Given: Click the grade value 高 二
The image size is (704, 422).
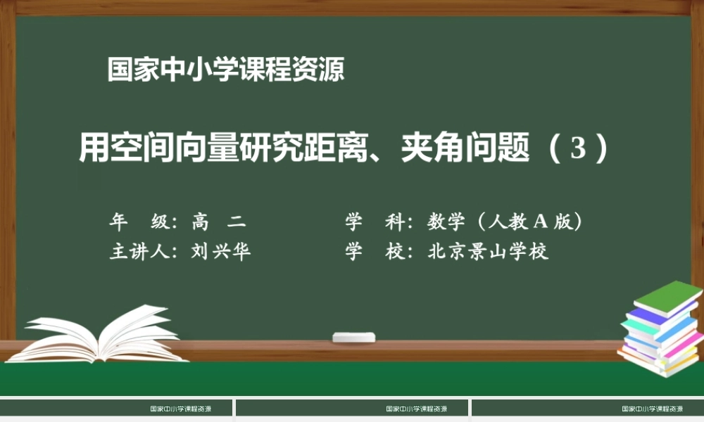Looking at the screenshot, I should (x=218, y=222).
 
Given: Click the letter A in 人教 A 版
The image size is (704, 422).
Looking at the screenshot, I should (x=540, y=222).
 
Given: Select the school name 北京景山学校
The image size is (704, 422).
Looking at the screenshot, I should (x=488, y=252).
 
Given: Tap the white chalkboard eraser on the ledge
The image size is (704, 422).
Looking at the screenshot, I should (x=354, y=337).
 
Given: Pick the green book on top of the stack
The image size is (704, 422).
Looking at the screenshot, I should (x=667, y=296).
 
